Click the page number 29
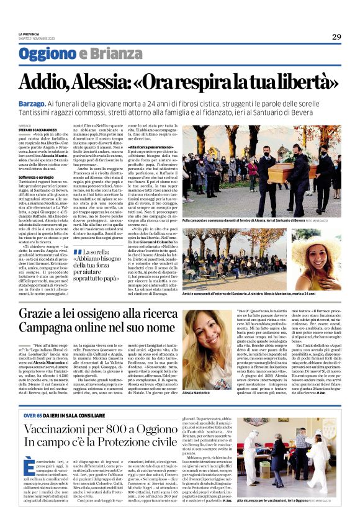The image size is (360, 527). click(336, 37)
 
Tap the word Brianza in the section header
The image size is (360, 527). click(109, 54)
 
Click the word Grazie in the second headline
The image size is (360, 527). click(41, 315)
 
